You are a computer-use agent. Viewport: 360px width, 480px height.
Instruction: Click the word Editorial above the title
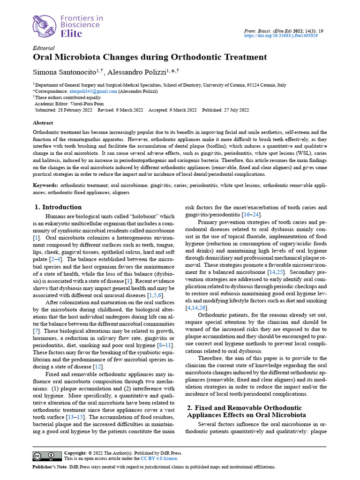tap(44, 48)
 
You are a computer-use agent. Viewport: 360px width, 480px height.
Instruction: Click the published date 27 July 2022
tap(233, 110)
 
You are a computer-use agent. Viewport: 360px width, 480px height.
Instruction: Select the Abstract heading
tap(43, 123)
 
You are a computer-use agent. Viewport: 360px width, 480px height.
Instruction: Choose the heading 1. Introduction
tap(59, 207)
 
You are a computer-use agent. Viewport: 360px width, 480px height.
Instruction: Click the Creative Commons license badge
tap(47, 456)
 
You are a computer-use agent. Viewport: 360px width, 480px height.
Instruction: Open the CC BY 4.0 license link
tap(159, 458)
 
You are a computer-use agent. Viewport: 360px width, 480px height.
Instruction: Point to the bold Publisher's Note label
tap(50, 467)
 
